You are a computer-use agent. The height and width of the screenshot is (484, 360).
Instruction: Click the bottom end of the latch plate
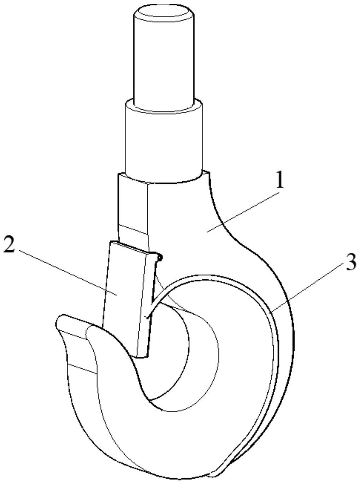[x=141, y=354]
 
